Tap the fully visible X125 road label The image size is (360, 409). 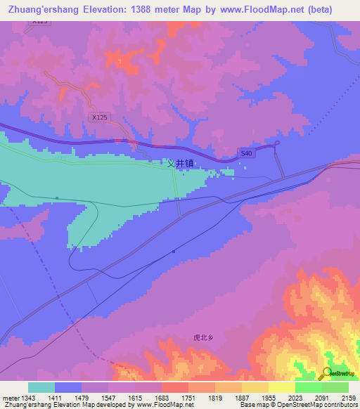click(x=99, y=117)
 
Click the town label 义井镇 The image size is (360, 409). click(x=180, y=164)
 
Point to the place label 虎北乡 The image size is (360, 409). click(x=202, y=337)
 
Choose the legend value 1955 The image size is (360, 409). click(x=269, y=398)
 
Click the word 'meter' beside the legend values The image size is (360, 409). click(x=10, y=398)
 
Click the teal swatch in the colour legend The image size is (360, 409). click(x=41, y=387)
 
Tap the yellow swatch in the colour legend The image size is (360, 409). click(x=281, y=387)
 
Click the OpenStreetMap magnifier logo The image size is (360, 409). click(x=327, y=373)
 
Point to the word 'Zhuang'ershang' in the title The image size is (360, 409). click(x=44, y=10)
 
